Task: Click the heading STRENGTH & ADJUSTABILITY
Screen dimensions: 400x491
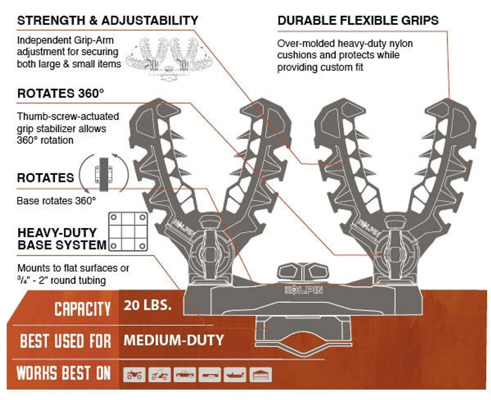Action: [107, 20]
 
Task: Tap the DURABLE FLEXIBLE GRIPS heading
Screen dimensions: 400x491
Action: [358, 20]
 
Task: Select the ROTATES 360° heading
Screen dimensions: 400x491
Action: [61, 93]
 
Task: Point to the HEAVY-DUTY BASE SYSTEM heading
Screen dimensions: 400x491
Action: [62, 239]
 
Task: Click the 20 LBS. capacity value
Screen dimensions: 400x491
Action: [147, 305]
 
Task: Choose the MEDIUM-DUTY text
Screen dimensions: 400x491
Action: [173, 340]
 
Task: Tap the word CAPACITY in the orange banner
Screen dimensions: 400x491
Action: [82, 309]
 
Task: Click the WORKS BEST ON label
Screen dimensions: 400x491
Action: [64, 373]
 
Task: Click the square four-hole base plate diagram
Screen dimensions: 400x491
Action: [128, 231]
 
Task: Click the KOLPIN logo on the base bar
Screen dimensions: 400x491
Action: [303, 290]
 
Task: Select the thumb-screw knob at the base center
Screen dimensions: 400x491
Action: [303, 272]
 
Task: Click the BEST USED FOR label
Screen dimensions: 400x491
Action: [66, 341]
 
